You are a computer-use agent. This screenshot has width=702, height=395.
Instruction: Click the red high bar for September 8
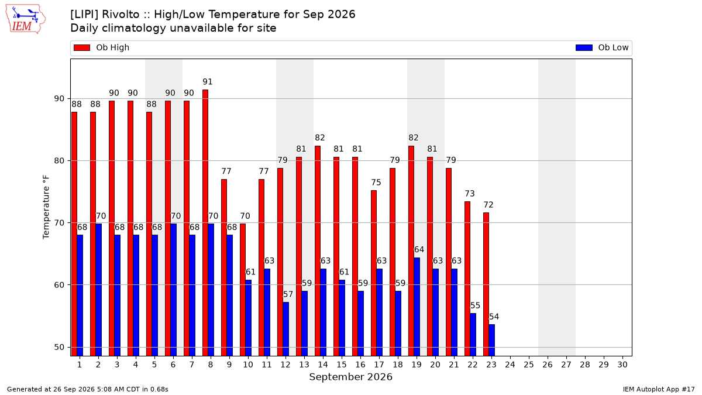pos(205,223)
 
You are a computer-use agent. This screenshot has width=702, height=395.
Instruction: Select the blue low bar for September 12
pos(286,329)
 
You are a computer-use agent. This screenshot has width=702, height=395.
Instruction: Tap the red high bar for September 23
pos(486,284)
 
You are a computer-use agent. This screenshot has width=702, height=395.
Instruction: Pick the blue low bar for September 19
pos(417,307)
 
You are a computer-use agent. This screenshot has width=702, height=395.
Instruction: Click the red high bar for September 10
pos(243,290)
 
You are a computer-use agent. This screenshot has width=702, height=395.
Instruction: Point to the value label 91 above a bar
pos(208,82)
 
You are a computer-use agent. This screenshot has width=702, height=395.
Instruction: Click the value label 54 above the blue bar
pos(494,317)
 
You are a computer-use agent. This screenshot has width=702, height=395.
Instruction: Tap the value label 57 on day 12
pos(288,294)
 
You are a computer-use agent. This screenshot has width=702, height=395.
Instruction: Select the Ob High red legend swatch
pos(82,47)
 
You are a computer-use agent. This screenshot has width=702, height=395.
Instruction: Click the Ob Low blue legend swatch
pos(584,47)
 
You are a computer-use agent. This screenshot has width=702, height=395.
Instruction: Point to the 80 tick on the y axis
pos(59,160)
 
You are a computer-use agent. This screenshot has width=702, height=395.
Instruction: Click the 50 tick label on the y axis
pos(59,348)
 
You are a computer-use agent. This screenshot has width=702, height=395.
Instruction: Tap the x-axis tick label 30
pos(622,365)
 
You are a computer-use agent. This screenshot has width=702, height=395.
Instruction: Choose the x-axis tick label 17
pos(379,365)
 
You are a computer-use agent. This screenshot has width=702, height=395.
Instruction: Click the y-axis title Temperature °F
pos(46,207)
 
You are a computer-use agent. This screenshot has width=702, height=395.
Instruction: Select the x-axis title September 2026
pos(350,377)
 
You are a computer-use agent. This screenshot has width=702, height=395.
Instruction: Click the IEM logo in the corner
pos(25,19)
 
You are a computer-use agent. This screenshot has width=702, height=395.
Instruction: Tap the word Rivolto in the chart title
pos(121,15)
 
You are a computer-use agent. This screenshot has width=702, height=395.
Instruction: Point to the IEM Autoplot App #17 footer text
pos(659,389)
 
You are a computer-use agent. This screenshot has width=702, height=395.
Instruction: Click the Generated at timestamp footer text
pos(87,389)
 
